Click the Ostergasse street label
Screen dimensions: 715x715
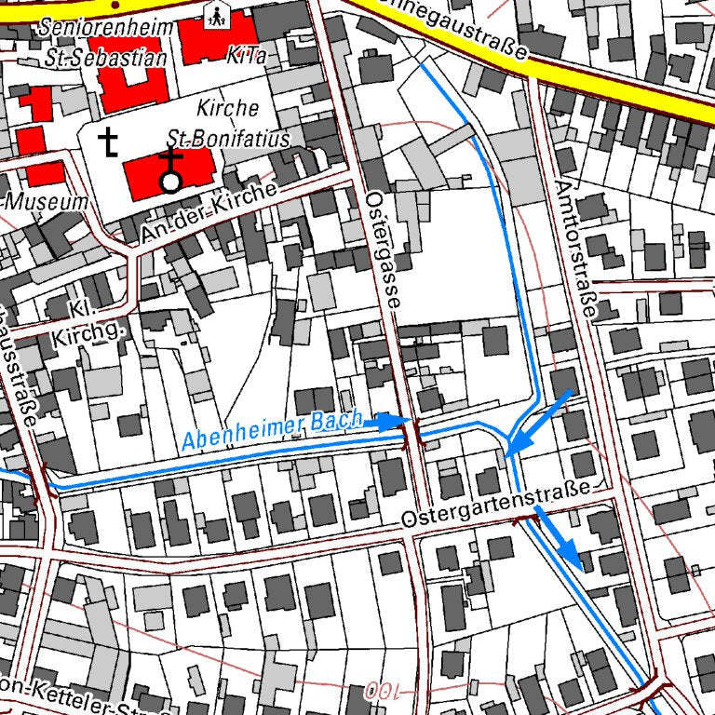point(384,250)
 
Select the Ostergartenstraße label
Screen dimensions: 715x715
point(497,504)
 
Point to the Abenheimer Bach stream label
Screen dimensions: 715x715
point(272,431)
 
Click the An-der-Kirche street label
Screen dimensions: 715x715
point(207,215)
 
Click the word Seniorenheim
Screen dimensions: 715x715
point(106,27)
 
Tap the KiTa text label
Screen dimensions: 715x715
point(247,56)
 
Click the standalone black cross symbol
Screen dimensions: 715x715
point(110,142)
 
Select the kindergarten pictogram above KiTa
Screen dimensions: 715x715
point(218,14)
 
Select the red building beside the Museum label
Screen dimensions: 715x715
point(45,174)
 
